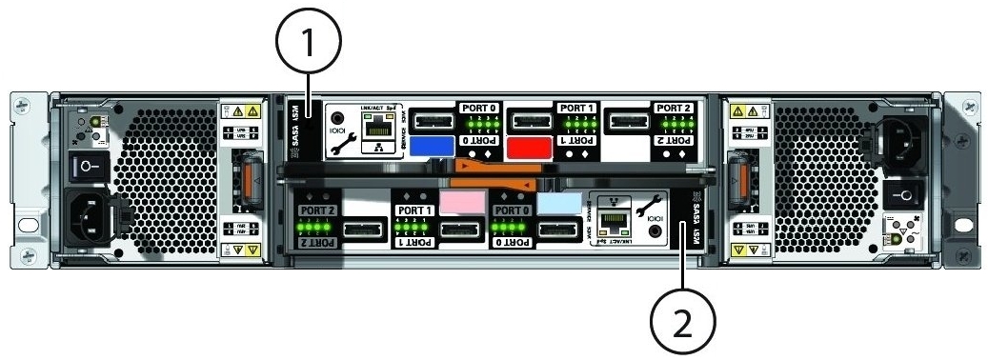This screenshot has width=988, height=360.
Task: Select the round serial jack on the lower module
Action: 652,230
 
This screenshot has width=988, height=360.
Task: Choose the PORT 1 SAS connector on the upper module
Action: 530,120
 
